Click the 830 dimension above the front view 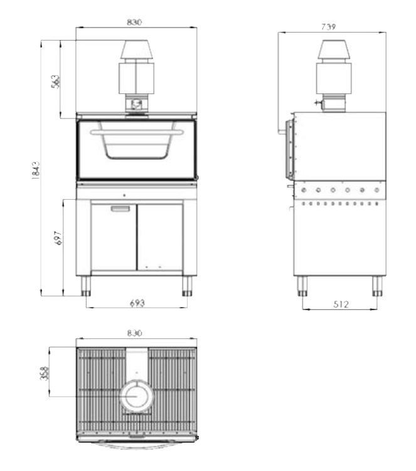(134, 22)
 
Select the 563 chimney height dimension (55, 81)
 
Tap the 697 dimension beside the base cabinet (58, 239)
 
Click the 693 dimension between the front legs (137, 303)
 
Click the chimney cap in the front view (136, 51)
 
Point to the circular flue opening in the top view (136, 396)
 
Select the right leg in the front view (187, 286)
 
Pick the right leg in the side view (376, 286)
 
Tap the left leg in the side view (302, 286)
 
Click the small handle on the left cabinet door (119, 209)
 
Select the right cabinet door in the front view (160, 237)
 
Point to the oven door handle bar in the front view (137, 132)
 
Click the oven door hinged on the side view (289, 148)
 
